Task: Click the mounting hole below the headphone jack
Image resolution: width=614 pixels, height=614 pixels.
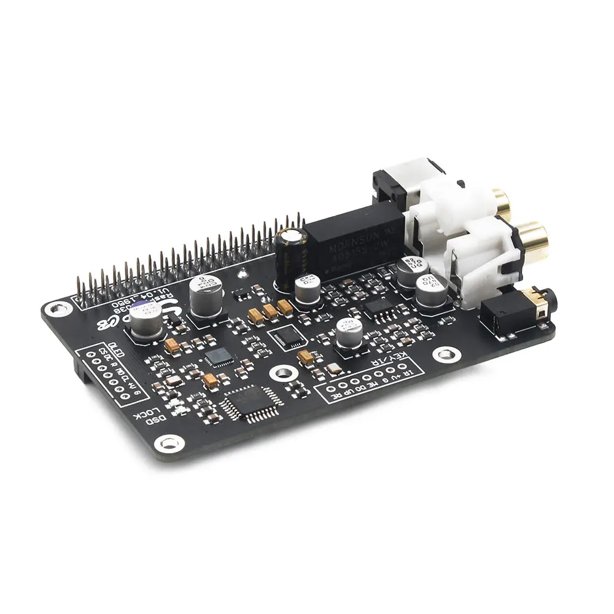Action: [441, 354]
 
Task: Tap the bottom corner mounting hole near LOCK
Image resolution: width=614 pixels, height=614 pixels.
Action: [166, 442]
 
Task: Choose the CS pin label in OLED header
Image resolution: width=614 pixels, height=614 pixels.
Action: [102, 352]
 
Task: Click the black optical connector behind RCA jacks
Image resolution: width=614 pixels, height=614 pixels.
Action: [393, 187]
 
